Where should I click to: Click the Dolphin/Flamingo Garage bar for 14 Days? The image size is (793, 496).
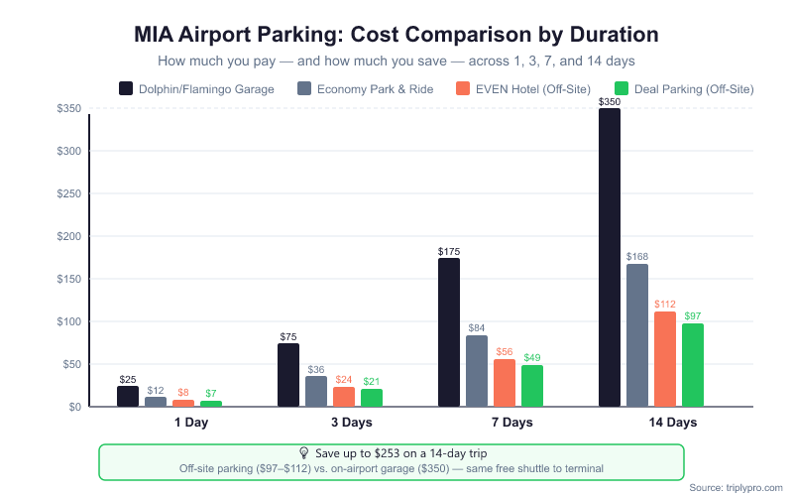pyautogui.click(x=610, y=258)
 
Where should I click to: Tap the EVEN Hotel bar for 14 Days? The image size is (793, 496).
pyautogui.click(x=665, y=359)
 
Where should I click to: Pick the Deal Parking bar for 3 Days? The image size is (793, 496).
pyautogui.click(x=372, y=397)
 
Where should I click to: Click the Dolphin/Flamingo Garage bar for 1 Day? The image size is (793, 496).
pyautogui.click(x=128, y=396)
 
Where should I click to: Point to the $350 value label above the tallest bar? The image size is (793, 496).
pyautogui.click(x=610, y=102)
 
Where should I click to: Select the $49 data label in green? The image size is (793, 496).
pyautogui.click(x=532, y=358)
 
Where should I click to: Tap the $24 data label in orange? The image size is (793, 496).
pyautogui.click(x=344, y=379)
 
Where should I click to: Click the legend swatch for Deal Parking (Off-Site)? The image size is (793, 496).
pyautogui.click(x=623, y=88)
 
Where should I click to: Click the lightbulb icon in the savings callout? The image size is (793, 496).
pyautogui.click(x=304, y=452)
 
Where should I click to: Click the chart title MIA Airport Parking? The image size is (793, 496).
pyautogui.click(x=396, y=34)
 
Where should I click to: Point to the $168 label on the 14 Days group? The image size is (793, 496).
pyautogui.click(x=637, y=257)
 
